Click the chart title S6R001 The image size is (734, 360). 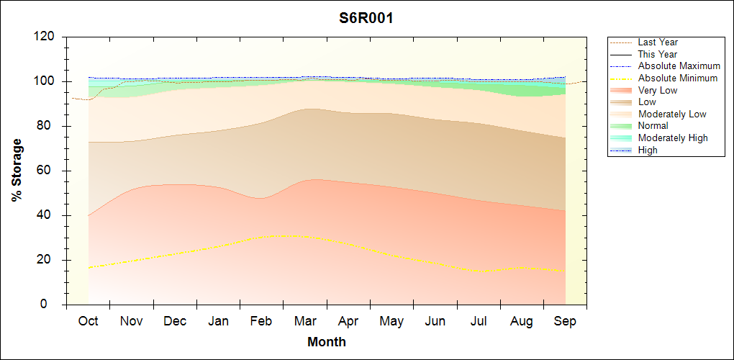pyautogui.click(x=366, y=18)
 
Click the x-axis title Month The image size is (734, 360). pyautogui.click(x=326, y=342)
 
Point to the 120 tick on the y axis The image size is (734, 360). pyautogui.click(x=47, y=37)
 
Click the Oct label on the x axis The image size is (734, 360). pyautogui.click(x=88, y=321)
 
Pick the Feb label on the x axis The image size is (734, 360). pyautogui.click(x=261, y=321)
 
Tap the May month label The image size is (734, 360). pyautogui.click(x=391, y=321)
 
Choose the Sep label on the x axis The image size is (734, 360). pyautogui.click(x=565, y=321)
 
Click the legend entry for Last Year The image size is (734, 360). pyautogui.click(x=658, y=42)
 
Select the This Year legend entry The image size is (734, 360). pyautogui.click(x=658, y=54)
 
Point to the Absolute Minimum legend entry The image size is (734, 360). pyautogui.click(x=678, y=78)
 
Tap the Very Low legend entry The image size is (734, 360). pyautogui.click(x=658, y=90)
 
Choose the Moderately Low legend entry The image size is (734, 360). pyautogui.click(x=672, y=114)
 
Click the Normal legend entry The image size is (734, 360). pyautogui.click(x=653, y=126)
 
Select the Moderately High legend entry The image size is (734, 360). pyautogui.click(x=673, y=138)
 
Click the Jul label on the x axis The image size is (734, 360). pyautogui.click(x=478, y=321)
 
